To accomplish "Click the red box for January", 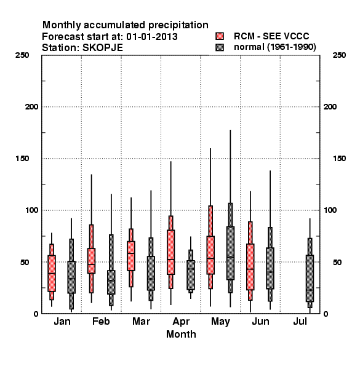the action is point(52,273).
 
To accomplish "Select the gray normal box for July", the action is point(310,278).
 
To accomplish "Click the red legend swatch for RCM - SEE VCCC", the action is point(220,36).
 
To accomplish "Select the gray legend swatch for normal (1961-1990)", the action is point(220,47).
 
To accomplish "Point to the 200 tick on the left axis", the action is point(32,107).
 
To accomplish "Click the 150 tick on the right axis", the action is point(339,159).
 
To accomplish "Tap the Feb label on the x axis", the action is point(101,321).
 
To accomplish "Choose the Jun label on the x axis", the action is point(260,321).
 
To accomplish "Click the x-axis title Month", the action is point(181,334).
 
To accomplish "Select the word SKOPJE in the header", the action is point(103,48).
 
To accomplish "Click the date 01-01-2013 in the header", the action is point(152,37).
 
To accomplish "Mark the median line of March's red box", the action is point(131,253).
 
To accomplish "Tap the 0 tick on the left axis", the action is point(36,314).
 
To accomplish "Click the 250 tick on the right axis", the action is point(339,55).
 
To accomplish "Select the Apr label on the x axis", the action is point(181,322).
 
